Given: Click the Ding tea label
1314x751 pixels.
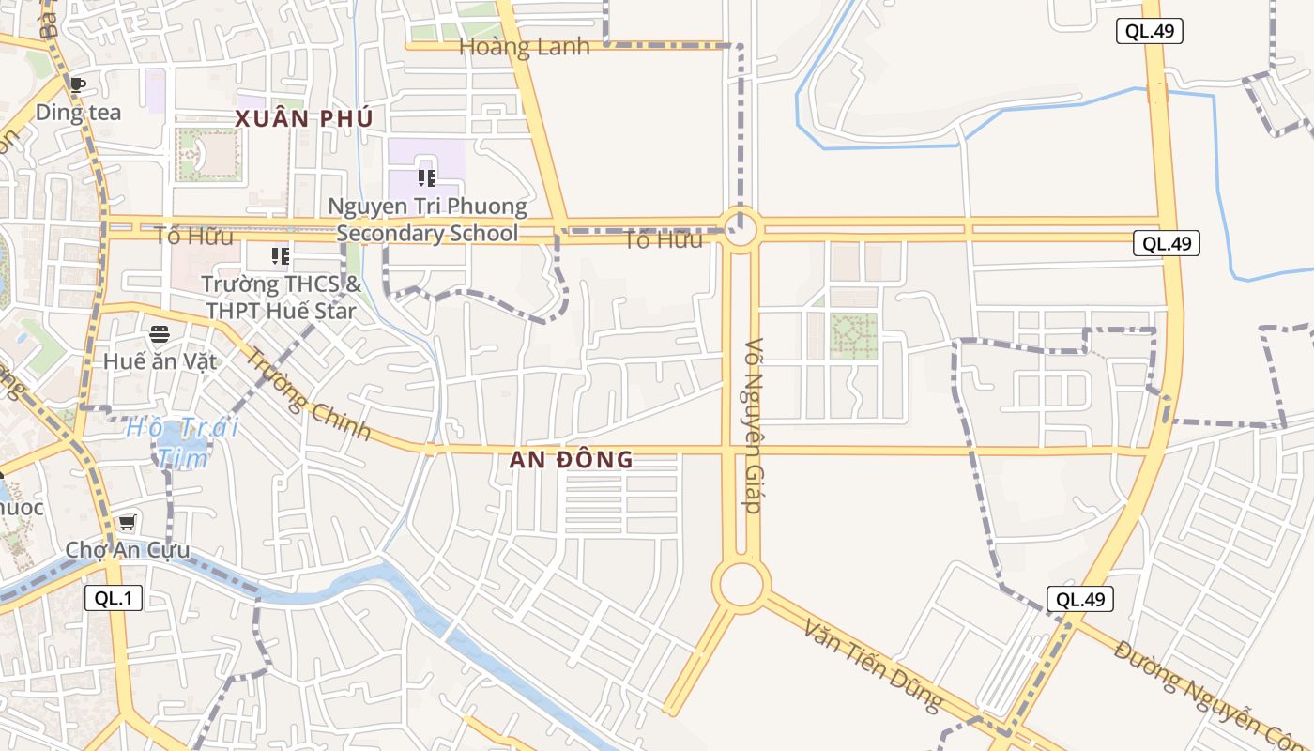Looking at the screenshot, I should point(79,112).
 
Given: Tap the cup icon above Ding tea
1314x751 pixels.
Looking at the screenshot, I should point(78,84).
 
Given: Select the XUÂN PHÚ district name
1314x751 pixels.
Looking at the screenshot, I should point(304,119).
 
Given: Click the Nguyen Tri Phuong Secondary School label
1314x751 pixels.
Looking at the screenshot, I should point(427,220).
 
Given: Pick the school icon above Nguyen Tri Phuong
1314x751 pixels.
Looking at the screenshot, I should point(427,177).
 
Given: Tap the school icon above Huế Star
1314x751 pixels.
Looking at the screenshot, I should point(280,255).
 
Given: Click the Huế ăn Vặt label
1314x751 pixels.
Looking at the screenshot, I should point(160,361).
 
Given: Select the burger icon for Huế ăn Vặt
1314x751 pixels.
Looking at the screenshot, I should point(160,334).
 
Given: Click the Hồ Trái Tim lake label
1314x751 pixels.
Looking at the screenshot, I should point(182,442).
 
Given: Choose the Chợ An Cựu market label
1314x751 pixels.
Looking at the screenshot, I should point(128,550).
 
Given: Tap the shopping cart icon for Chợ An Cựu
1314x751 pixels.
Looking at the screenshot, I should point(127,523).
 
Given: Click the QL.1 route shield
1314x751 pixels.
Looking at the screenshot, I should point(114,598).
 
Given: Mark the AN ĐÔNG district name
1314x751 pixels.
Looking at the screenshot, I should point(572,460).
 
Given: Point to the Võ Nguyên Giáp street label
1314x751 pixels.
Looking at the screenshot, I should point(752,424).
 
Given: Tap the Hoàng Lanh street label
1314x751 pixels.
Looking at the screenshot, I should point(524,47).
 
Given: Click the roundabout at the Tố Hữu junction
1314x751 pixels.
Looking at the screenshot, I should point(741,229).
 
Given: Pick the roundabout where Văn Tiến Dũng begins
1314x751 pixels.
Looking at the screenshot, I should point(741,584).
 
